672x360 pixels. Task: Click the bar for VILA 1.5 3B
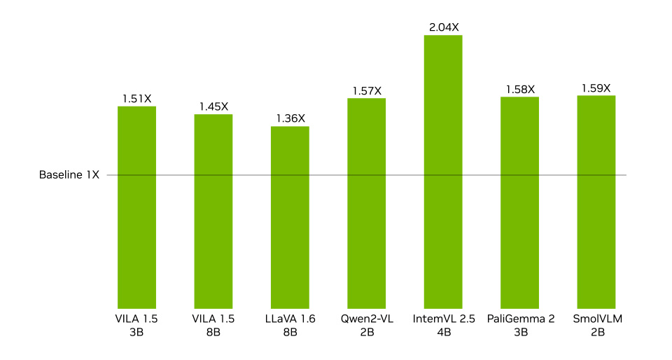pyautogui.click(x=136, y=207)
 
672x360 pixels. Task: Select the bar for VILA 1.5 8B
pyautogui.click(x=213, y=210)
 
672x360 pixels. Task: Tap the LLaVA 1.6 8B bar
pyautogui.click(x=290, y=216)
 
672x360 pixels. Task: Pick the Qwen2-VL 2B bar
pyautogui.click(x=367, y=202)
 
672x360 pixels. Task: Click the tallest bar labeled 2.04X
pyautogui.click(x=443, y=171)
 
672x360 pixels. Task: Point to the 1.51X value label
pyautogui.click(x=136, y=99)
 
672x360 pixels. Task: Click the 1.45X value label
pyautogui.click(x=213, y=106)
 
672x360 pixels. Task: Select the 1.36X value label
pyautogui.click(x=290, y=118)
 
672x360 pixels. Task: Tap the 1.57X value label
pyautogui.click(x=367, y=90)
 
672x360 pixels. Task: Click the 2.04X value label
pyautogui.click(x=443, y=27)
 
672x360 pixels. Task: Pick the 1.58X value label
pyautogui.click(x=520, y=89)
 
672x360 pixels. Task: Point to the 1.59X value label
pyautogui.click(x=596, y=88)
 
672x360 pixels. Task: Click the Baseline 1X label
pyautogui.click(x=69, y=175)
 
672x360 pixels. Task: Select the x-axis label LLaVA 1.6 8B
pyautogui.click(x=290, y=325)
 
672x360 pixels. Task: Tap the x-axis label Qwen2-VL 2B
pyautogui.click(x=367, y=325)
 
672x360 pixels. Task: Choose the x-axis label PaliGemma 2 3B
pyautogui.click(x=520, y=325)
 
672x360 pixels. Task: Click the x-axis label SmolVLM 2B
pyautogui.click(x=596, y=325)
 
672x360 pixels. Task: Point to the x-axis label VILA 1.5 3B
pyautogui.click(x=136, y=325)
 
